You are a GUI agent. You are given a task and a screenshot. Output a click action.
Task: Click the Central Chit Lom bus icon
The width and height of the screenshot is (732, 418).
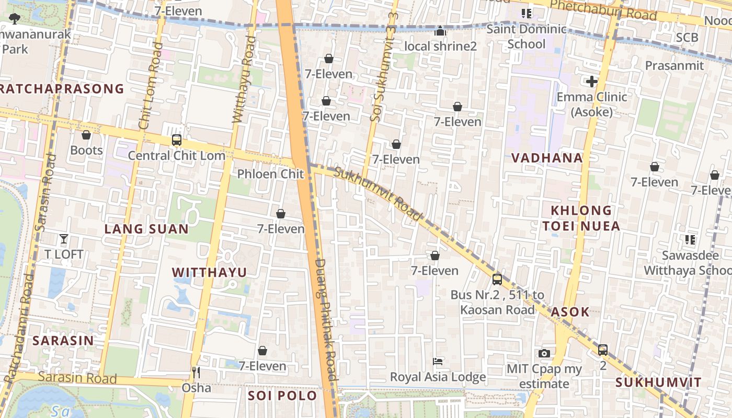click(177, 140)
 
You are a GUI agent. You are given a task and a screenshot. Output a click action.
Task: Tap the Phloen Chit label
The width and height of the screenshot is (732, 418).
click(270, 174)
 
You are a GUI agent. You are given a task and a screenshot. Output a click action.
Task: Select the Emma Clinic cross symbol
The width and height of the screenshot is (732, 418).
click(592, 82)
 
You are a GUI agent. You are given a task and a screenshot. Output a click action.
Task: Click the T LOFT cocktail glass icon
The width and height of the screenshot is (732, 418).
click(64, 239)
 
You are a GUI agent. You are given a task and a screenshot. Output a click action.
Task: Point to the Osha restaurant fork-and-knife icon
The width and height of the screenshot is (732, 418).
click(196, 373)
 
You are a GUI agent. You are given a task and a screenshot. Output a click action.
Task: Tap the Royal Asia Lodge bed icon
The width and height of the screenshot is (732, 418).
click(438, 361)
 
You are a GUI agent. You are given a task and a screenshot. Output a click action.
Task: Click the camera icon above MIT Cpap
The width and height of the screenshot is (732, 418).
click(544, 353)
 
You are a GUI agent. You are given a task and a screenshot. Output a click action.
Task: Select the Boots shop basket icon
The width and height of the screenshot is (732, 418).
click(86, 135)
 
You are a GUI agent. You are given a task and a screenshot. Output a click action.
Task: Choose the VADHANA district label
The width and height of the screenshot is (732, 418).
click(547, 158)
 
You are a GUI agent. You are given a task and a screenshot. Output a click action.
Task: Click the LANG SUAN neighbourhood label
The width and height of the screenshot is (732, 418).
click(146, 229)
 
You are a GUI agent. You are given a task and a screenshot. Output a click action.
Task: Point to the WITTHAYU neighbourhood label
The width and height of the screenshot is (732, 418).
click(209, 272)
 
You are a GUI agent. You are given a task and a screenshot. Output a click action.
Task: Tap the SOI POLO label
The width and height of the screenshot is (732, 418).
click(282, 396)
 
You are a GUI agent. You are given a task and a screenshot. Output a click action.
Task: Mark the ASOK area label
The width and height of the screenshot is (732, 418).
click(570, 312)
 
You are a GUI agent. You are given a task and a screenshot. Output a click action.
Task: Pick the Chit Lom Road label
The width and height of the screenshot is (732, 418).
click(151, 86)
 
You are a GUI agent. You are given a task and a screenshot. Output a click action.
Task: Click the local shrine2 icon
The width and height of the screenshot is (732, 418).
click(440, 31)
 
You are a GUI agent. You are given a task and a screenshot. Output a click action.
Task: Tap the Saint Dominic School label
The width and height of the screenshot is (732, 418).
click(527, 37)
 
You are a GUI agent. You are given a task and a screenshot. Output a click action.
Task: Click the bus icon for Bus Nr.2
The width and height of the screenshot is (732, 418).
click(497, 279)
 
